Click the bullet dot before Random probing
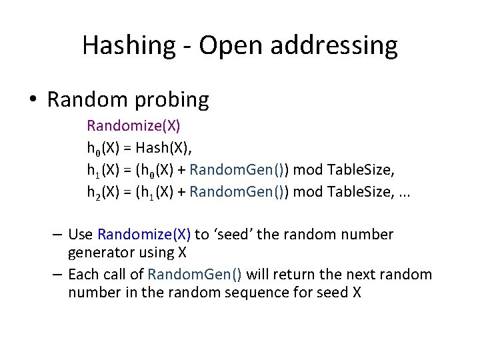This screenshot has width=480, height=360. [x=33, y=100]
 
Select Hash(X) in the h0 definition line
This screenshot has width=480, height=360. [x=169, y=147]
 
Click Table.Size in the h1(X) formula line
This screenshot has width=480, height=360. [x=359, y=170]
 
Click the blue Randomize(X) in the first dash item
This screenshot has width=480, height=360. [x=144, y=235]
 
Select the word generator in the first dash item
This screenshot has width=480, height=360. [x=97, y=253]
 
